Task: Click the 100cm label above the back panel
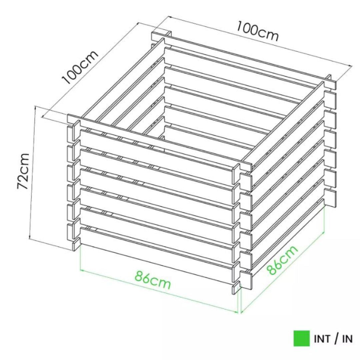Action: (x=257, y=31)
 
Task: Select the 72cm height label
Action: (x=24, y=171)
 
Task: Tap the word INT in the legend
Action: (x=322, y=339)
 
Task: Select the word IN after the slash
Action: (x=347, y=339)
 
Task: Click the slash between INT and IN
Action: (x=337, y=339)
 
